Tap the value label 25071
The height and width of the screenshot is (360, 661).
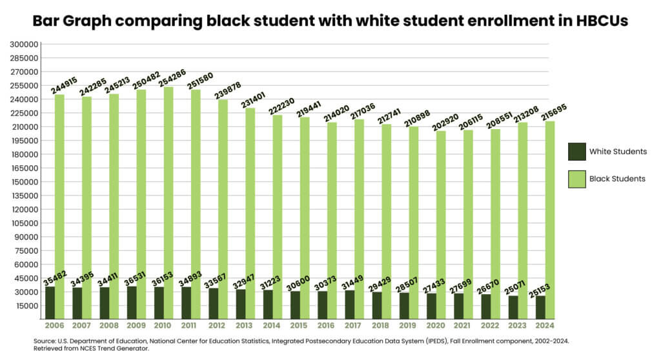tap(522, 282)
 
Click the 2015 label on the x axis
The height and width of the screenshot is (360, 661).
tap(299, 325)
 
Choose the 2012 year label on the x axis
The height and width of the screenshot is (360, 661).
tap(218, 325)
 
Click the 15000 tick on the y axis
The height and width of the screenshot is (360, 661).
tap(25, 305)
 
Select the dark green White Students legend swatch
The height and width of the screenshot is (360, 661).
tap(576, 152)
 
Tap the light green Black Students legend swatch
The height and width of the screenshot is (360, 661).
tap(576, 179)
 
